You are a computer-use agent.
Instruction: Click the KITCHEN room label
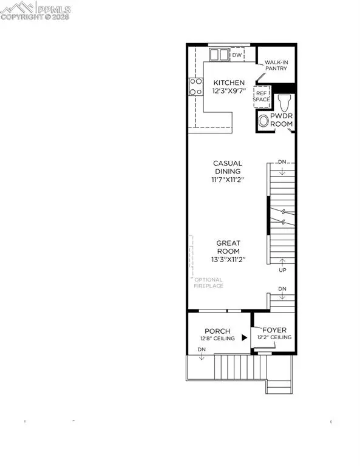(228, 83)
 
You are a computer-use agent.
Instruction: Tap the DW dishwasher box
(237, 55)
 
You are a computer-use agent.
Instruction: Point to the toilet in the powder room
(282, 101)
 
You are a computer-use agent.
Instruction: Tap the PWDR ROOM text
(281, 119)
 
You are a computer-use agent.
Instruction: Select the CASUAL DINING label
(228, 167)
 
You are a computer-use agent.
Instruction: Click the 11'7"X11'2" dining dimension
(228, 180)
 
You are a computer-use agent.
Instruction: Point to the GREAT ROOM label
(228, 247)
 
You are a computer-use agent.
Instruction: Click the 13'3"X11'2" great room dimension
(228, 260)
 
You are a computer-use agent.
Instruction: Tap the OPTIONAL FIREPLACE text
(208, 282)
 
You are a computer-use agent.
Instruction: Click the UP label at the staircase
(282, 269)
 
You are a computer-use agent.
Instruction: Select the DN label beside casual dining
(282, 163)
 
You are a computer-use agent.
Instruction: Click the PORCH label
(208, 331)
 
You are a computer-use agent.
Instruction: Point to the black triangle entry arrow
(245, 337)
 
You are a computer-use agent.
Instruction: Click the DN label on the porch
(202, 351)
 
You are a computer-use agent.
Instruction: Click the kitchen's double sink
(219, 55)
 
